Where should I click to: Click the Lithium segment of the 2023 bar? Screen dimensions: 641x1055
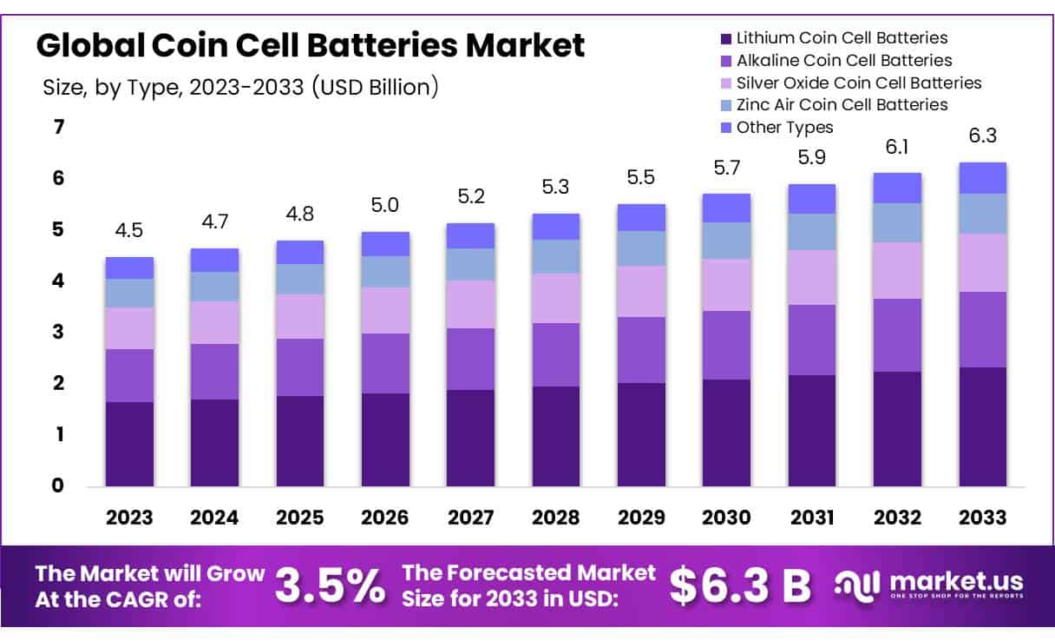tap(129, 443)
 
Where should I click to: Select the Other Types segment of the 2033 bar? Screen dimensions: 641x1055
tap(983, 178)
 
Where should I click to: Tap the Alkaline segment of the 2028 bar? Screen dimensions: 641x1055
tap(556, 354)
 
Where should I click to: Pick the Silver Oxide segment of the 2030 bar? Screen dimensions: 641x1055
tap(726, 285)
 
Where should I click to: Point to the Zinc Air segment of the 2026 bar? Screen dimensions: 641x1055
tap(385, 272)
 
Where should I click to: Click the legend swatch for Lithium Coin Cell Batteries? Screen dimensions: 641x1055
tap(725, 39)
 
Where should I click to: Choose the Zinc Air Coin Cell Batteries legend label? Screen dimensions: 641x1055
tap(842, 104)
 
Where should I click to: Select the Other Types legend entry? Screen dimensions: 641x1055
tap(784, 128)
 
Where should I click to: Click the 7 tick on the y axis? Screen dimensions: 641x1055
tap(58, 128)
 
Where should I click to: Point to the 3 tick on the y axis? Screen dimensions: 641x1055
tap(58, 332)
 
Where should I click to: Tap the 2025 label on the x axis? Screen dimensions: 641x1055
tap(299, 518)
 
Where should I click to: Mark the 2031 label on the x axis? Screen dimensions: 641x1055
tap(812, 518)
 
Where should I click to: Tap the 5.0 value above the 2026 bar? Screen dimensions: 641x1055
tap(385, 205)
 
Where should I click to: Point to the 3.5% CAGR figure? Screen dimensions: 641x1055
tap(330, 586)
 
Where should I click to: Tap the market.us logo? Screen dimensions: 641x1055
tap(928, 584)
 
